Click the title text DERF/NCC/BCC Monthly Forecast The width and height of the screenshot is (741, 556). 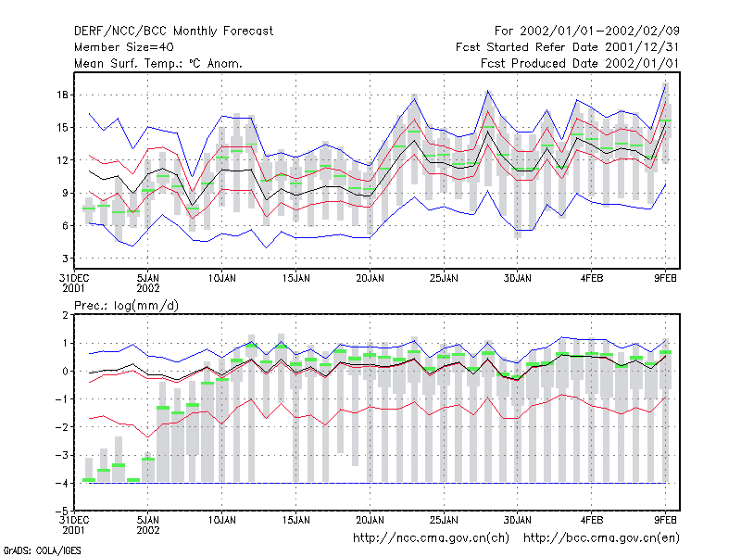173,32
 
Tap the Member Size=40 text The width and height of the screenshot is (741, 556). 124,47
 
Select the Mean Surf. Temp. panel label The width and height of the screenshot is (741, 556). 157,63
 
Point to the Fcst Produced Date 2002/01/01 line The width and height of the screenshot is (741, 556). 580,63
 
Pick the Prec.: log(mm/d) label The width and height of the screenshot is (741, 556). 126,306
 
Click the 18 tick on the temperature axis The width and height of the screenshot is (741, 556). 63,95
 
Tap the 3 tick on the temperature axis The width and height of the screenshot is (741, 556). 65,259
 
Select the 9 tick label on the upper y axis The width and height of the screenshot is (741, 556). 65,194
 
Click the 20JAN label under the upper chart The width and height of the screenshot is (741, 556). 370,279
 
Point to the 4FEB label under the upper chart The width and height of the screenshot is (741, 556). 592,279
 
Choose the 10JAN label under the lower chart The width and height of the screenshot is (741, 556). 222,521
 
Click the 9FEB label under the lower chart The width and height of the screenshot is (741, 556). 665,521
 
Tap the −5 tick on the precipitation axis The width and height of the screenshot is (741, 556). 62,512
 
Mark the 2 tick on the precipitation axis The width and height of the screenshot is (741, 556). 65,315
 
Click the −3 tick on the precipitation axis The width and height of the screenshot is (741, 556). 62,455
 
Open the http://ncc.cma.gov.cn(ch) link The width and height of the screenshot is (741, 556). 431,538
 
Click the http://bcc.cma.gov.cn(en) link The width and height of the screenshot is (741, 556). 601,538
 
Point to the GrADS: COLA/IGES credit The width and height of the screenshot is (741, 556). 42,550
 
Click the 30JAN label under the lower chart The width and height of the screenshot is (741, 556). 518,521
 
